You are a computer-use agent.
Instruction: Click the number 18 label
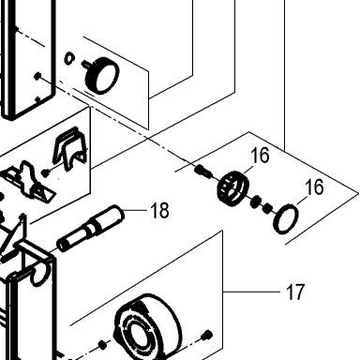159,210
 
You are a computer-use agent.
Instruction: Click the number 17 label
295,292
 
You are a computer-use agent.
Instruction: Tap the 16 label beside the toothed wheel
260,155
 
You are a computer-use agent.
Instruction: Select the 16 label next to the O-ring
314,187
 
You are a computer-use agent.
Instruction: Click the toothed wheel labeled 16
233,188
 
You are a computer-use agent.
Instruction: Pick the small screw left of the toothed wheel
202,172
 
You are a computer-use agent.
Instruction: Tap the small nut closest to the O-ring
267,208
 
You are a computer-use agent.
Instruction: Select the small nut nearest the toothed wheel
256,202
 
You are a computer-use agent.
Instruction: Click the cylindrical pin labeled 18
90,228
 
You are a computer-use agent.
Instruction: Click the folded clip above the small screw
70,149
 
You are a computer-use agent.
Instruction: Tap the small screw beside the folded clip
46,172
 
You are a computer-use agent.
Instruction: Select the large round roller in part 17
147,326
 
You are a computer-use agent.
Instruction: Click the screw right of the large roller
207,336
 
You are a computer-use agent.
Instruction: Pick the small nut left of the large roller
102,344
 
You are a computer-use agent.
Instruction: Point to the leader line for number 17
251,292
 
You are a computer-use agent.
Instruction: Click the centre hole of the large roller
137,335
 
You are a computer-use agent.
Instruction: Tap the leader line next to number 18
135,210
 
